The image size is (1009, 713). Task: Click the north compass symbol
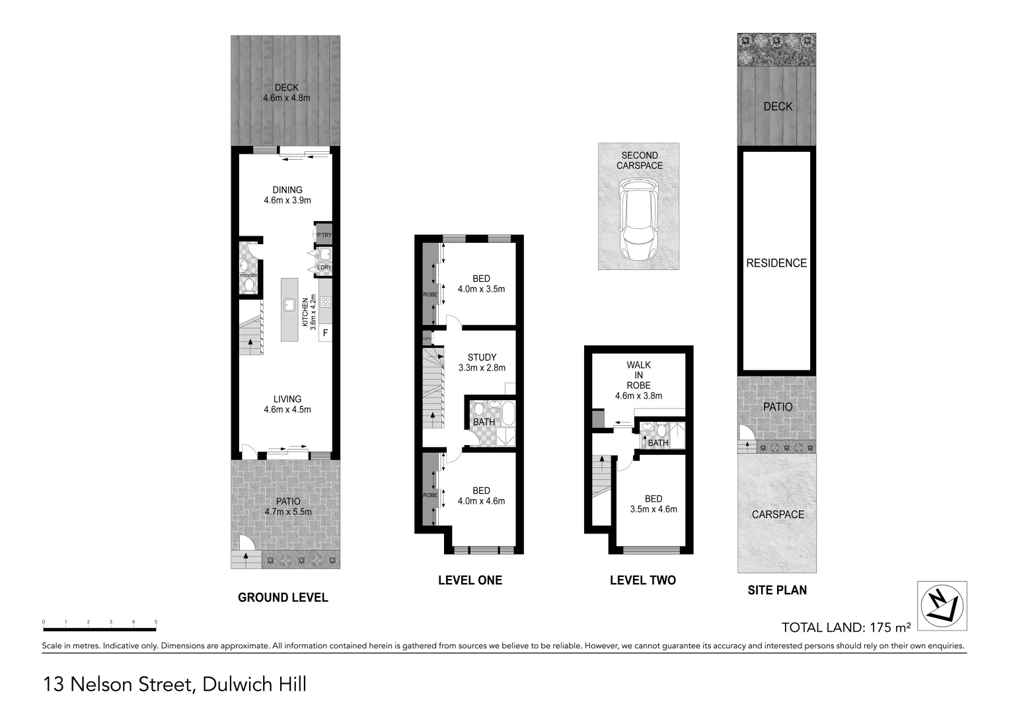click(x=942, y=605)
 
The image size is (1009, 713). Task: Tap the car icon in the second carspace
click(x=638, y=221)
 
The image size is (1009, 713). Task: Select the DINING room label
click(x=287, y=189)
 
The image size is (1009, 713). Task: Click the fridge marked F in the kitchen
click(x=325, y=333)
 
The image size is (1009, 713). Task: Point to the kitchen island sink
click(x=289, y=304)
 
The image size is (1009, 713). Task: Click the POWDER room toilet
click(x=249, y=285)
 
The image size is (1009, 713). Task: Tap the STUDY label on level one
click(x=482, y=357)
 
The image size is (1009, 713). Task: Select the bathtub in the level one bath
click(x=508, y=413)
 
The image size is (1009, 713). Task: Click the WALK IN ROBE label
click(x=638, y=375)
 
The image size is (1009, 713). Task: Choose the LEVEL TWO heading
click(x=642, y=580)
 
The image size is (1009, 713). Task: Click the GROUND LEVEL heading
click(x=283, y=597)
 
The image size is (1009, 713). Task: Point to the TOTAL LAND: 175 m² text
click(x=846, y=627)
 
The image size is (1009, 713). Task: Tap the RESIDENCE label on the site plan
click(x=776, y=263)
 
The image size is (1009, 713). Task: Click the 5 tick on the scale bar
click(x=156, y=622)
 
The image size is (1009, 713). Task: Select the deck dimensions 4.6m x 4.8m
click(x=287, y=98)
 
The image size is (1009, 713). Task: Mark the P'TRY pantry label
click(x=324, y=235)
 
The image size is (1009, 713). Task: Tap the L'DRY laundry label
click(x=324, y=267)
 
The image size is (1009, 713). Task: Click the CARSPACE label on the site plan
click(x=778, y=514)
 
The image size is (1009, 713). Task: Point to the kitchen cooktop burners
click(x=325, y=302)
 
